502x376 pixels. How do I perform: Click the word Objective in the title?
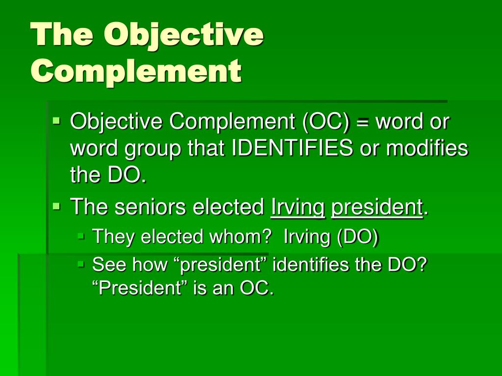coord(183,36)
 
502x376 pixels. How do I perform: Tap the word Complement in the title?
coord(136,71)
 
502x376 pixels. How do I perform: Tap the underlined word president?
coord(376,207)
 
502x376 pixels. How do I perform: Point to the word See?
coord(108,265)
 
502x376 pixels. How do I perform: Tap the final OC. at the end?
coord(256,288)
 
